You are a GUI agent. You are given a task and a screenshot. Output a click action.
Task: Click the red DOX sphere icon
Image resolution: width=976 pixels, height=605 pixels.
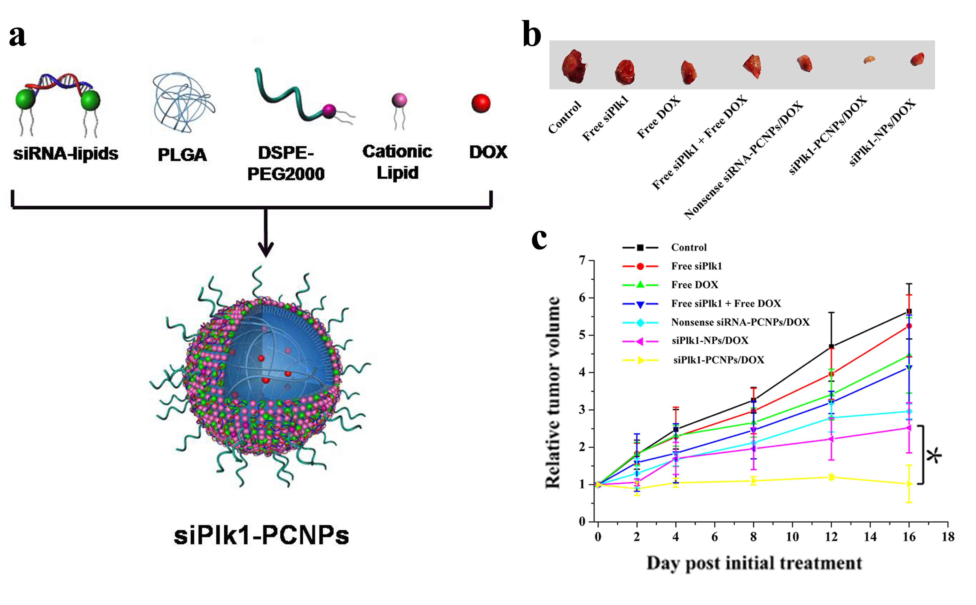pyautogui.click(x=481, y=103)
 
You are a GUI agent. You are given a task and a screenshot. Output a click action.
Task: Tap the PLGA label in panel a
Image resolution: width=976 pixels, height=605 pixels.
pyautogui.click(x=182, y=155)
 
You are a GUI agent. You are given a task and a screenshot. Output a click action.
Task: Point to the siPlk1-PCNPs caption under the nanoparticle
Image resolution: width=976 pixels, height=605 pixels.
pyautogui.click(x=261, y=535)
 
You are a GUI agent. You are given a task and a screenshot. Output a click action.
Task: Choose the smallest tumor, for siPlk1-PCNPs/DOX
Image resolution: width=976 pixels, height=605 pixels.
pyautogui.click(x=869, y=60)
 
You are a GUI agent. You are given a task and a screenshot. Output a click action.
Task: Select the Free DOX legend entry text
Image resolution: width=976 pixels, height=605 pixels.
pyautogui.click(x=694, y=285)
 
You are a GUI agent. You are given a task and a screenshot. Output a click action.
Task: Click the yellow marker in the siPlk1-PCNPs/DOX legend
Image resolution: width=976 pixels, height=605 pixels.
pyautogui.click(x=640, y=360)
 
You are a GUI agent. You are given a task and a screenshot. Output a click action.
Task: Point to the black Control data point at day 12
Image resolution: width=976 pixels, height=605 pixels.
pyautogui.click(x=831, y=347)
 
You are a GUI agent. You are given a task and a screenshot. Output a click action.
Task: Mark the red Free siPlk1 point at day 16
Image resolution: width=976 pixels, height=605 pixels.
pyautogui.click(x=909, y=326)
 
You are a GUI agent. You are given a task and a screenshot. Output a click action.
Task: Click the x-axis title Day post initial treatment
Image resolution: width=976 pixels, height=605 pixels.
pyautogui.click(x=754, y=563)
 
